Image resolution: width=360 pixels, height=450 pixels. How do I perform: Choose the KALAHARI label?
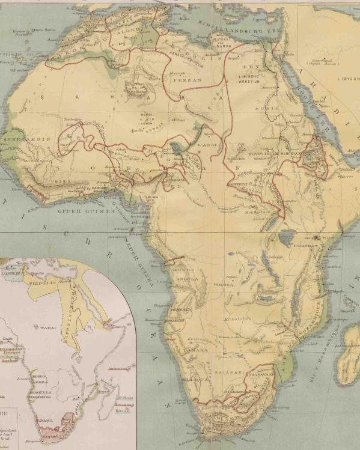pyautogui.click(x=231, y=373)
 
